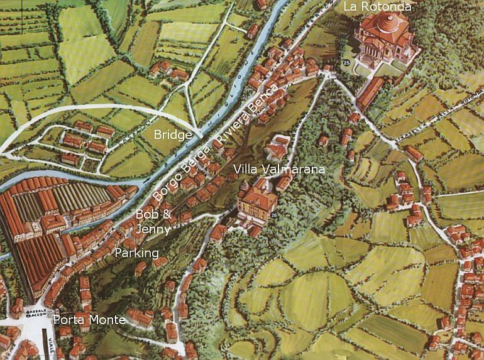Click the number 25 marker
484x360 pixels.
pos(348,63)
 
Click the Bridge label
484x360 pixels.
pos(172,135)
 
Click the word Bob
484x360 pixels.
pos(145,214)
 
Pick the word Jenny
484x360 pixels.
pos(153,229)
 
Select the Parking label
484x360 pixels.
pos(136,253)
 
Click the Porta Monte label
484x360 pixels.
pos(89,319)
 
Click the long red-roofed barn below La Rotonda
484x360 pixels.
pos(370,92)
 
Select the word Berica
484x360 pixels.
pos(260,101)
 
